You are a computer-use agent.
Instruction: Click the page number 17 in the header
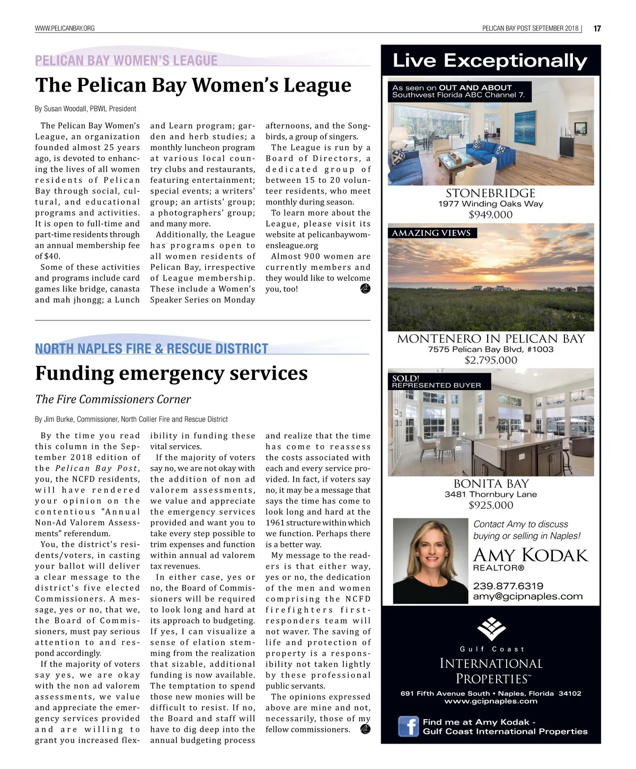[597, 29]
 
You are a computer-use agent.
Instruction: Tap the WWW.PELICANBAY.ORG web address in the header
[65, 28]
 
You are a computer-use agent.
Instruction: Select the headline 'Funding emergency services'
[171, 373]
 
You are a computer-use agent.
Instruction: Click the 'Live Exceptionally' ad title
[490, 60]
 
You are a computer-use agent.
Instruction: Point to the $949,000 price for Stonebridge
[490, 215]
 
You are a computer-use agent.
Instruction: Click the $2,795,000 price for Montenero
[490, 360]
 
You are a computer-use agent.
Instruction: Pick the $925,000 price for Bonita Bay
[490, 505]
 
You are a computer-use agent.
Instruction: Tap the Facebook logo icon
[409, 726]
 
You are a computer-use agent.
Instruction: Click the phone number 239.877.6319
[508, 586]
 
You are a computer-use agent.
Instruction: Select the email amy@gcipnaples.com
[527, 596]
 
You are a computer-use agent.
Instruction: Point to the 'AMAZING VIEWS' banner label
[431, 233]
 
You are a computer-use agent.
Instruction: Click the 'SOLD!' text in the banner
[405, 378]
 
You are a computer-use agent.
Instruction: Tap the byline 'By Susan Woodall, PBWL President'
[85, 109]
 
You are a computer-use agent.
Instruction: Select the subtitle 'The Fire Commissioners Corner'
[113, 400]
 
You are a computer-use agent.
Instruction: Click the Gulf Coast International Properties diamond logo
[491, 628]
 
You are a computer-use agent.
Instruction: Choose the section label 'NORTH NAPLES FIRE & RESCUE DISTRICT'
[152, 349]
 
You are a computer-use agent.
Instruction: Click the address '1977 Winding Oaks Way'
[490, 204]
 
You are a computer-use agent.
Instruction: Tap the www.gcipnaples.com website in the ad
[490, 701]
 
